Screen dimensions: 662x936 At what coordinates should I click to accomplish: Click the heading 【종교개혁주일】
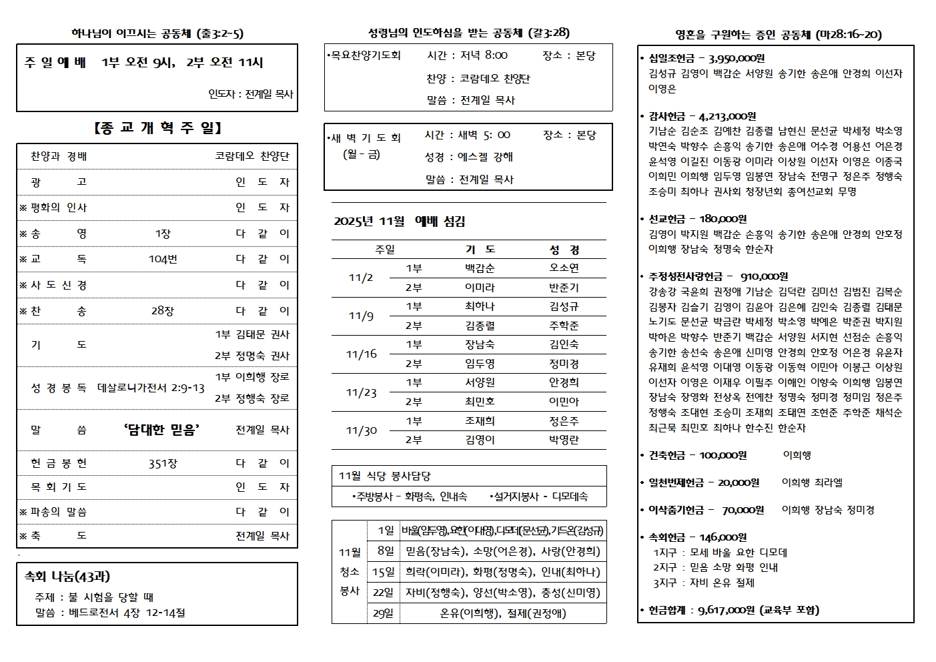[157, 127]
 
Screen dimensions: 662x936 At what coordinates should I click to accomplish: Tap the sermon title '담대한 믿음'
[162, 430]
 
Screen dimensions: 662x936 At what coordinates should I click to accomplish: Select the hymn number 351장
[163, 464]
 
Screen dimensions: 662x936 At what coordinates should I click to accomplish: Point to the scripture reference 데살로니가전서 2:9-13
[151, 388]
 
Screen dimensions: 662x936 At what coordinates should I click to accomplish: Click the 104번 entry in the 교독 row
[163, 259]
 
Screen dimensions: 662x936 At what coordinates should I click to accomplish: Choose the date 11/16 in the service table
[361, 354]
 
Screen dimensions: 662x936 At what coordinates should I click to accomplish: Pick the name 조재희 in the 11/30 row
[480, 421]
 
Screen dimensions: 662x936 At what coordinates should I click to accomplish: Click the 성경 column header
[564, 250]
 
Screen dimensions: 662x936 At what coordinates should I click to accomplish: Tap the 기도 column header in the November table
[480, 250]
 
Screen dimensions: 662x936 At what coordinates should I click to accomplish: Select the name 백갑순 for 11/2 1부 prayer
[480, 268]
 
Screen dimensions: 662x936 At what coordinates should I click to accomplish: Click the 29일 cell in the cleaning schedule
[383, 613]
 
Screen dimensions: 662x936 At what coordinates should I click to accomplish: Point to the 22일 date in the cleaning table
[383, 593]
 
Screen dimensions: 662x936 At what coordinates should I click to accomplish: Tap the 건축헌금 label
[666, 455]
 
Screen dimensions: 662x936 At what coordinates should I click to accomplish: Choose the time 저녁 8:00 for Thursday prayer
[484, 55]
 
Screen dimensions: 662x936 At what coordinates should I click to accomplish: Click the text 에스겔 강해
[485, 157]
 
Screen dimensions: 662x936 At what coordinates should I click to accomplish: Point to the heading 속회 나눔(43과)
[67, 577]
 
